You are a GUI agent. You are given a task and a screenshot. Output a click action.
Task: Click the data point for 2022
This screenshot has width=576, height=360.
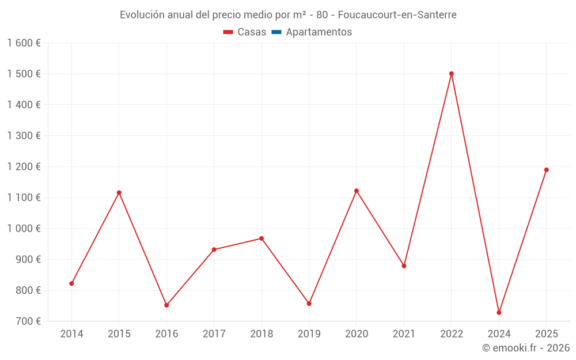point(452,74)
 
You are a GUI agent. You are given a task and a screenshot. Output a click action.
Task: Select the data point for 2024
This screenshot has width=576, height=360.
point(499,313)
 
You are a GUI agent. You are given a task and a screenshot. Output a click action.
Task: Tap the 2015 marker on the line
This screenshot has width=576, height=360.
point(119,193)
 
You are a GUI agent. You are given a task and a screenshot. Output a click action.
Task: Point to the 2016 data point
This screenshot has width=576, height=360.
point(166,305)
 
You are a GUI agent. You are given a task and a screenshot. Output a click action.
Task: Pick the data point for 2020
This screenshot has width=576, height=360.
point(357,191)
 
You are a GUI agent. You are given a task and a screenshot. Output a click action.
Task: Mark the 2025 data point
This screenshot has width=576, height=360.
point(547,170)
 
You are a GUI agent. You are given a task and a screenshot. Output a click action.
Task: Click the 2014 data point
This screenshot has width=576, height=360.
point(71,283)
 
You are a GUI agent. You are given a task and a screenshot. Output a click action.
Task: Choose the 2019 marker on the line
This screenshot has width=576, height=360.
point(309,304)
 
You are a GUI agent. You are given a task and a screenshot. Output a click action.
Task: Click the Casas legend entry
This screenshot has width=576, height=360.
point(245,32)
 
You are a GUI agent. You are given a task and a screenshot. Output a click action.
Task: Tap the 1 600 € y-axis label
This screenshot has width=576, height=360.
point(24,43)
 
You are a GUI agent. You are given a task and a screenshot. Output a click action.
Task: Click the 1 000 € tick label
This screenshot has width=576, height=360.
point(24,229)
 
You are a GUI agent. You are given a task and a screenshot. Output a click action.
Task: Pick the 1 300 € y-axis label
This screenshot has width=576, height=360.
point(24,136)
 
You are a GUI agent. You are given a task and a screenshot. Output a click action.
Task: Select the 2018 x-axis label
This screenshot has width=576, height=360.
point(262,334)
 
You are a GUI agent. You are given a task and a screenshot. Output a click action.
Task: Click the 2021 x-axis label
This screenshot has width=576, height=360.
point(404,334)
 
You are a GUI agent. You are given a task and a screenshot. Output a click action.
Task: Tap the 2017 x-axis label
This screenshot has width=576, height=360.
point(214,334)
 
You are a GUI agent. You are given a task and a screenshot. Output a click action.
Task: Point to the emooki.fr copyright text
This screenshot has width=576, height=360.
point(526,348)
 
